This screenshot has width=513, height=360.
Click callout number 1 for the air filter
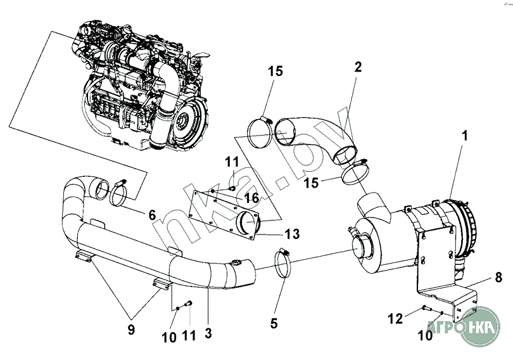point(465,136)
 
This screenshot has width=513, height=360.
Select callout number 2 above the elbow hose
point(358,67)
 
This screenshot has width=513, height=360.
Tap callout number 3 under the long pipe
point(208,333)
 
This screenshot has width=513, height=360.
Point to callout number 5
point(274,323)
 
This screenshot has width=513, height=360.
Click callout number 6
point(152,215)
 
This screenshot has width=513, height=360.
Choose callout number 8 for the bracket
point(498,278)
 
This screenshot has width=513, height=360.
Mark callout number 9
point(131,330)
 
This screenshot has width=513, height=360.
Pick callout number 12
point(395,318)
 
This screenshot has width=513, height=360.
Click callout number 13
point(292,234)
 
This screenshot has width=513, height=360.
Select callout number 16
point(251,198)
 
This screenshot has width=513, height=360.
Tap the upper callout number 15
point(275,71)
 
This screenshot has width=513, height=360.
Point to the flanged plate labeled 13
point(225,215)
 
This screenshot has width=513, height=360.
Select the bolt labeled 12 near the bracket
point(426,307)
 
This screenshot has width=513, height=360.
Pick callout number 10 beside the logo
point(426,335)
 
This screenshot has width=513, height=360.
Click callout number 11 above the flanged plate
point(232,162)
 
